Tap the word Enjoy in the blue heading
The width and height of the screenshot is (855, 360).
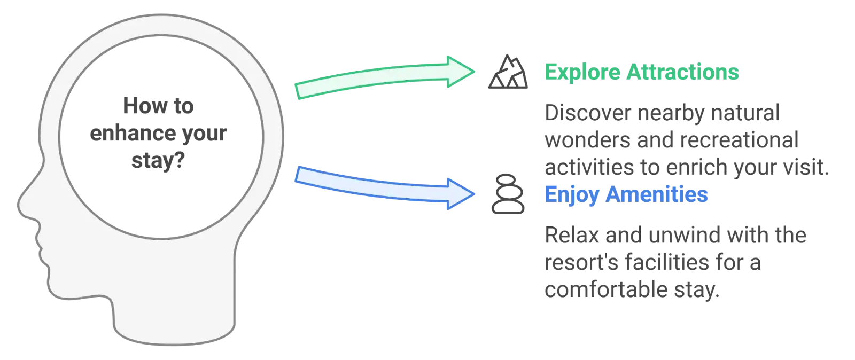click(571, 195)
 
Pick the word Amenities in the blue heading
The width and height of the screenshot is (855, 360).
click(658, 195)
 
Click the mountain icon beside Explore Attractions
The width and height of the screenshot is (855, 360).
click(508, 72)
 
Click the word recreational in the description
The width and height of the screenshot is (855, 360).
click(741, 140)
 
